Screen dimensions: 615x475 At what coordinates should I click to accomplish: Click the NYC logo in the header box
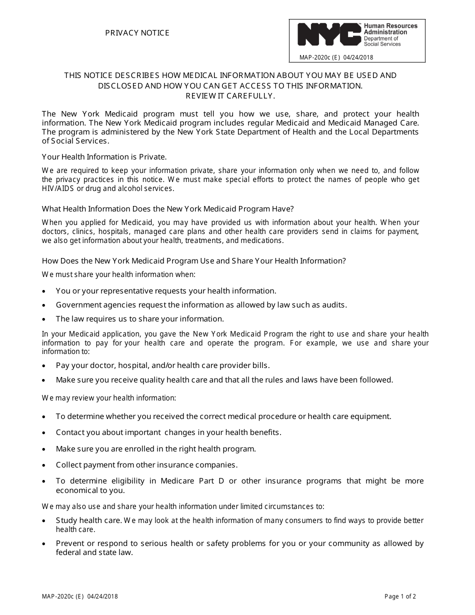pyautogui.click(x=329, y=34)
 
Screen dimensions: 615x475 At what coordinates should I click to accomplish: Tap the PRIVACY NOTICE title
pyautogui.click(x=137, y=33)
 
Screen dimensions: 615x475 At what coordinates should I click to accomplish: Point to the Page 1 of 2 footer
pyautogui.click(x=400, y=596)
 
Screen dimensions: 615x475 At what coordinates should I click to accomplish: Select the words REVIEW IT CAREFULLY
pyautogui.click(x=230, y=96)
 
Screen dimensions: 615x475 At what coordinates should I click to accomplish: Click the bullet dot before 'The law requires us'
pyautogui.click(x=44, y=319)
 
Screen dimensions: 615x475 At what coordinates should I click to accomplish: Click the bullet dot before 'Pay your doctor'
pyautogui.click(x=44, y=366)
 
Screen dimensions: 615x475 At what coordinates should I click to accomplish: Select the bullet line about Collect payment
pyautogui.click(x=146, y=464)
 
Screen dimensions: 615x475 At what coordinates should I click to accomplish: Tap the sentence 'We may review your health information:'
pyautogui.click(x=109, y=398)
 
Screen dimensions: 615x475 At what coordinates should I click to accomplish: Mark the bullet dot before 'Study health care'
pyautogui.click(x=44, y=521)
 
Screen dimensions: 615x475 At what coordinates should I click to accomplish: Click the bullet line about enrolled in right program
pyautogui.click(x=156, y=448)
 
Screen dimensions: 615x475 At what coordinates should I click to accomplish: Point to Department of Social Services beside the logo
pyautogui.click(x=382, y=41)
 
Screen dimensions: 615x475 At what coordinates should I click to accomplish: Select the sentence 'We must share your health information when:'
pyautogui.click(x=118, y=274)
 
